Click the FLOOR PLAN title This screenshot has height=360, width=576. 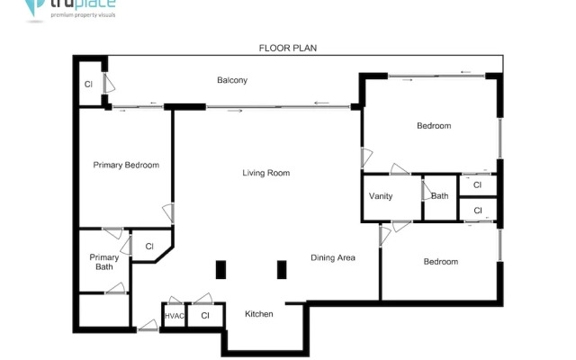[288, 48]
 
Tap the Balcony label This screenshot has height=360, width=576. [232, 81]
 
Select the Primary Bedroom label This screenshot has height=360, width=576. [127, 166]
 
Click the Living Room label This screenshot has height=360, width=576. [265, 173]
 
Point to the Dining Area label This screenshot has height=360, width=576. [333, 258]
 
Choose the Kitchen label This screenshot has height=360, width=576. [259, 314]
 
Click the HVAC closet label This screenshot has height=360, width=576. [174, 316]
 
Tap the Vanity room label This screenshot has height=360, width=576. [381, 197]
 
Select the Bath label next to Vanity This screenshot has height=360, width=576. [439, 196]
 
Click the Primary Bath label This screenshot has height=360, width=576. [103, 262]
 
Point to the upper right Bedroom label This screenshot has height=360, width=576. [433, 126]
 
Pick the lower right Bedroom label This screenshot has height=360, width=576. [441, 262]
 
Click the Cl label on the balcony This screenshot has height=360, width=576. [88, 85]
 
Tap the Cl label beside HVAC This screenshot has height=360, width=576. [205, 316]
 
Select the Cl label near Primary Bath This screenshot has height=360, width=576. [149, 247]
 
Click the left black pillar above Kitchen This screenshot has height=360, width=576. [220, 269]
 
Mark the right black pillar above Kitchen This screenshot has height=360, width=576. [282, 269]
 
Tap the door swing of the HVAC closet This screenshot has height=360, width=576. [175, 300]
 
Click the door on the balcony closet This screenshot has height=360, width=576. [108, 84]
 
